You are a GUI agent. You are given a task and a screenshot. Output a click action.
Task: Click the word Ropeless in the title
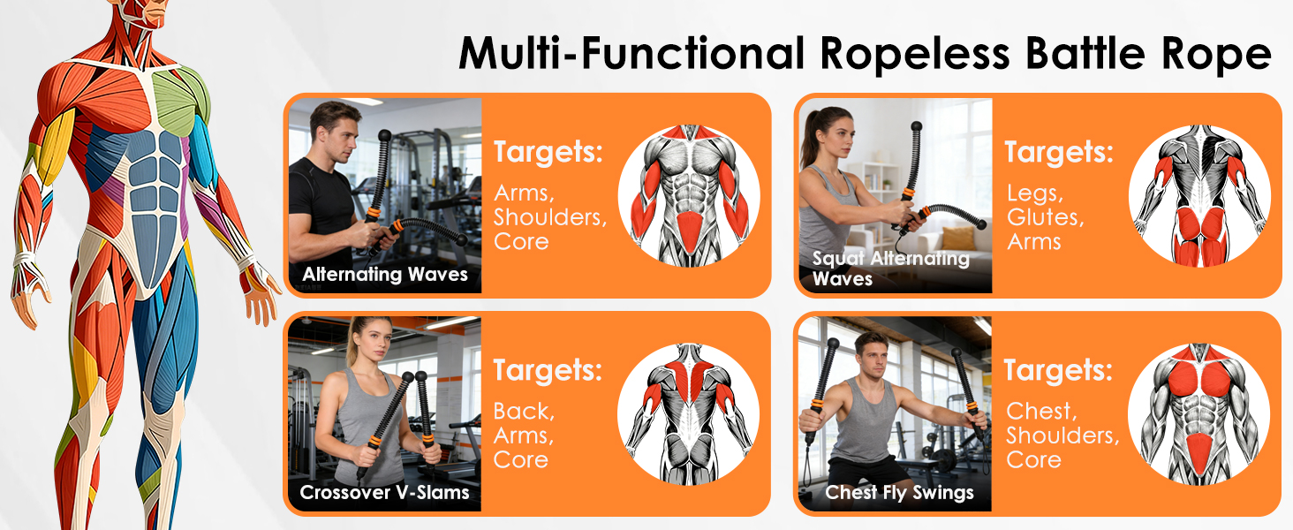(x=914, y=54)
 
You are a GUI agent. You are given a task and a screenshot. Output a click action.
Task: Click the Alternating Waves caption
(x=385, y=274)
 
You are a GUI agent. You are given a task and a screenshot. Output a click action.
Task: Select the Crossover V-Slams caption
(x=384, y=493)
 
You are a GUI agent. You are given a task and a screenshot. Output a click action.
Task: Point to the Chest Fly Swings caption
(x=899, y=493)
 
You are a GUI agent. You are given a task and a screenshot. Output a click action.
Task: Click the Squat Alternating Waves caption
(x=890, y=269)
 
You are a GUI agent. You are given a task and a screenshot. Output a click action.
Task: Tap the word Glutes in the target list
(x=1046, y=217)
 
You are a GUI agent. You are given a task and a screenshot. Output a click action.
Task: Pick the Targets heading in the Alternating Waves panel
(x=548, y=153)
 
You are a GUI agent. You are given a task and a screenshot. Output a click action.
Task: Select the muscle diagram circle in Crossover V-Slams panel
(x=688, y=414)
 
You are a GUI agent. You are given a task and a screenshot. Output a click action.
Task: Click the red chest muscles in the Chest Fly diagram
(x=1198, y=377)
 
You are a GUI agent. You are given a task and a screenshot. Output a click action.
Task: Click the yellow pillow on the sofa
(x=957, y=238)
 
